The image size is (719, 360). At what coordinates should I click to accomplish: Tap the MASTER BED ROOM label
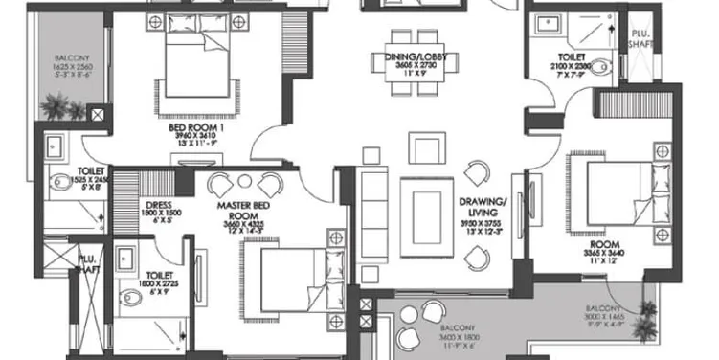pyautogui.click(x=240, y=204)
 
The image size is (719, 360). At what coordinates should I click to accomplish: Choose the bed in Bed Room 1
pyautogui.click(x=197, y=62)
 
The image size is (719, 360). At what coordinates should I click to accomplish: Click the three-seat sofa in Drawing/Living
pyautogui.click(x=371, y=206)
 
